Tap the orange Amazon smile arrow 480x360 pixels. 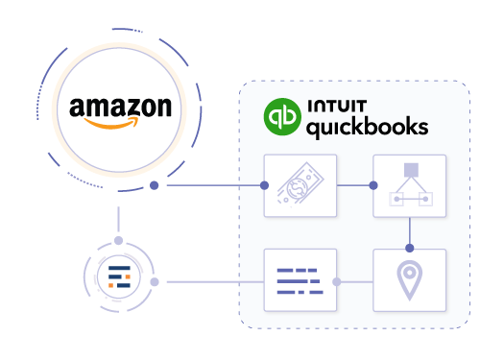tap(123, 122)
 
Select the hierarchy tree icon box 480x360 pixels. tap(410, 184)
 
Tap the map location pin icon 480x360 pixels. tap(410, 280)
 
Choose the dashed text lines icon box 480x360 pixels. tap(300, 280)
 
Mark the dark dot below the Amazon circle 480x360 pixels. tap(154, 184)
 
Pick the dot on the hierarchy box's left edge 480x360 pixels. tap(374, 184)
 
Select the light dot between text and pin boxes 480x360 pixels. tap(336, 281)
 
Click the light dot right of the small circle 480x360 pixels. tap(167, 281)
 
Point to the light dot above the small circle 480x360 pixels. tap(119, 240)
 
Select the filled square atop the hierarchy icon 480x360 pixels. tap(410, 170)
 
